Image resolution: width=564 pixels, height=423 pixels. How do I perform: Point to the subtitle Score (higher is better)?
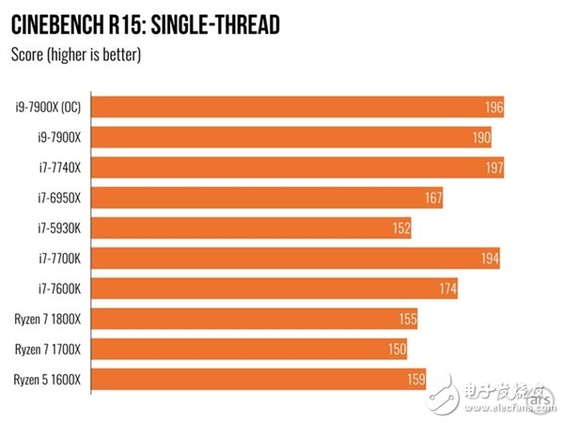[x=75, y=55]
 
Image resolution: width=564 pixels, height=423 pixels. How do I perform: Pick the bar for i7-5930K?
[x=253, y=228]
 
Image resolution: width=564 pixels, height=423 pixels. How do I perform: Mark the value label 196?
[x=494, y=107]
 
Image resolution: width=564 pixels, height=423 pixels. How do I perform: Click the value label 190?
[x=481, y=138]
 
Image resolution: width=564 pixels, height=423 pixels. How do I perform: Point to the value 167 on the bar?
[x=432, y=198]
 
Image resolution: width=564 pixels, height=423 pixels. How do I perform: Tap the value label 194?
[x=490, y=258]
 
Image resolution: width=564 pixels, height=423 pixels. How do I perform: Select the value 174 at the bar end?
[x=447, y=290]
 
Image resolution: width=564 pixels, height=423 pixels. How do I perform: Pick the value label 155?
[x=407, y=320]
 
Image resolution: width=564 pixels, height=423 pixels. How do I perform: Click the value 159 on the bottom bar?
[x=415, y=381]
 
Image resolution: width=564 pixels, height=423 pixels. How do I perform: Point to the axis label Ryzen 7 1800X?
[x=47, y=320]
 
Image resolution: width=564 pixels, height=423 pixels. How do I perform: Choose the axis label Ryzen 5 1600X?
[x=47, y=380]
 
